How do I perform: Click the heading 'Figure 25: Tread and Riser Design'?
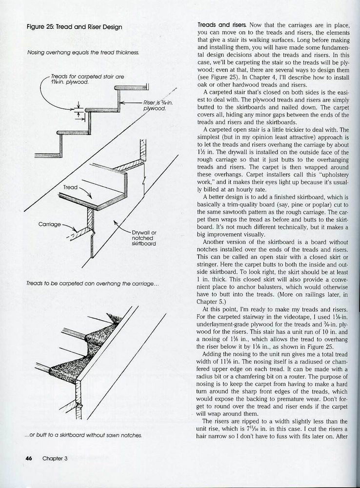pyautogui.click(x=74, y=27)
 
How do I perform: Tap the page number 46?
pyautogui.click(x=29, y=458)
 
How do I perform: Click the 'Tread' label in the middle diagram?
pyautogui.click(x=70, y=187)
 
